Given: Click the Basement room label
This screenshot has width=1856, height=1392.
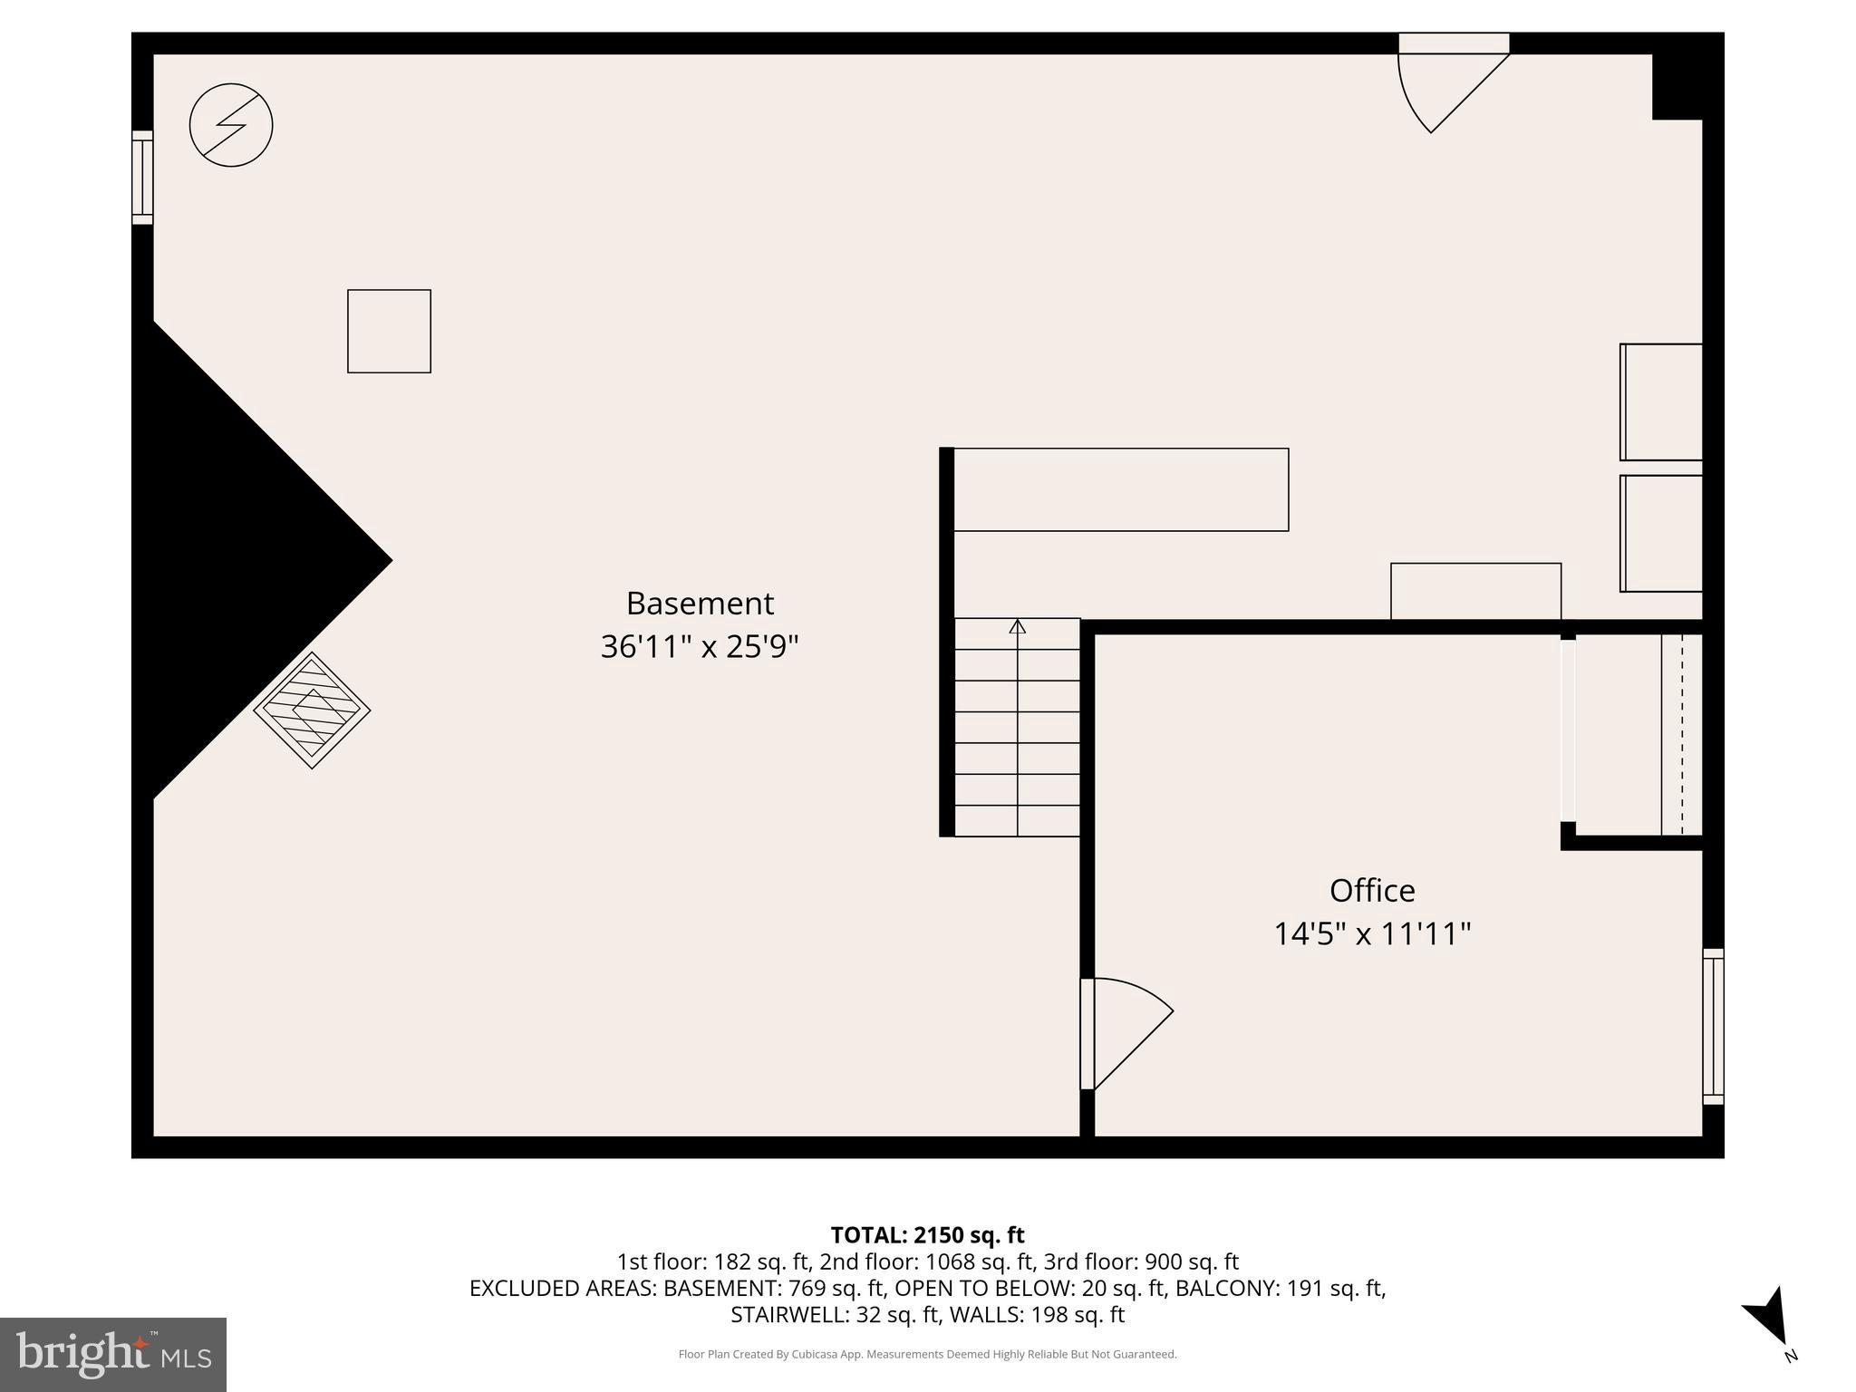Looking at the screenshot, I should click(x=700, y=604).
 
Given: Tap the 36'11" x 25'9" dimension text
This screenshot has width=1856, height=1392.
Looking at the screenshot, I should click(x=700, y=647).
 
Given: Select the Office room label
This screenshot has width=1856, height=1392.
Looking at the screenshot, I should click(x=1371, y=890).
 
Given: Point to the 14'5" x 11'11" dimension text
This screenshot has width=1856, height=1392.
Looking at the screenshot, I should click(x=1371, y=933).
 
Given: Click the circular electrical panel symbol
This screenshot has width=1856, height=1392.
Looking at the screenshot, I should click(x=231, y=125).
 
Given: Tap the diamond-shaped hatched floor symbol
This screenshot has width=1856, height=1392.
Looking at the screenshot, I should click(x=312, y=710).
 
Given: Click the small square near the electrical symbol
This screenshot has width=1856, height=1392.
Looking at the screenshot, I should click(x=389, y=331).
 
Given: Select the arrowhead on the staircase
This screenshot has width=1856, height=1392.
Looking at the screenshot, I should click(x=1018, y=626).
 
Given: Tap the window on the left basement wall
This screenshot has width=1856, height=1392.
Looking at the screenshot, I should click(x=142, y=178).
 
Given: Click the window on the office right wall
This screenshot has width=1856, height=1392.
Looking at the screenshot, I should click(x=1712, y=1026).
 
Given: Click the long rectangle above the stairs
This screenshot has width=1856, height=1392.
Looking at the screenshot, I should click(x=1121, y=489).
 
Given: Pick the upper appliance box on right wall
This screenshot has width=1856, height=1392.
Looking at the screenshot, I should click(x=1661, y=401).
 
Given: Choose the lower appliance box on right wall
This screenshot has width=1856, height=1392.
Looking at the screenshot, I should click(x=1661, y=534).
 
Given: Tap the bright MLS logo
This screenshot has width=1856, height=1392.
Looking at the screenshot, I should click(x=113, y=1355).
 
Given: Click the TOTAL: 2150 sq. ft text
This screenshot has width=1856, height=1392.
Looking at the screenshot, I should click(x=927, y=1234).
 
